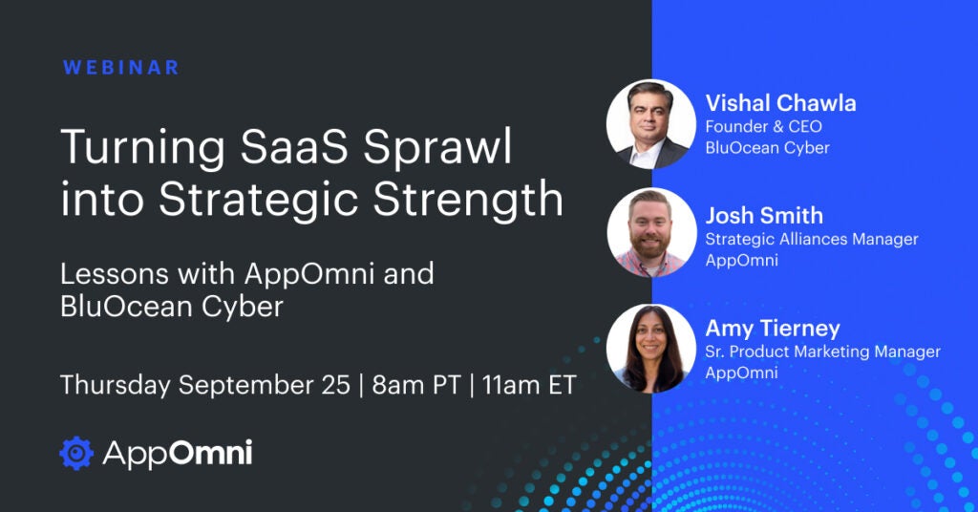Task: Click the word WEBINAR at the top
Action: [x=121, y=68]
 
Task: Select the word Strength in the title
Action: [x=468, y=199]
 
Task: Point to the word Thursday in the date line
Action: [x=116, y=385]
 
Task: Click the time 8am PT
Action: [x=416, y=385]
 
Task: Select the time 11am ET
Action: [x=528, y=385]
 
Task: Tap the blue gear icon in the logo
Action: [x=76, y=454]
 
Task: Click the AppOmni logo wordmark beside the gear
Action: [x=178, y=454]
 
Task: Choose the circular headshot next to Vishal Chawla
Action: [x=651, y=124]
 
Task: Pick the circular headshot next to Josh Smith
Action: [x=651, y=233]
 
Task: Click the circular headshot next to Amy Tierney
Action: [x=651, y=349]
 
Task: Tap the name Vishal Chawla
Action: [x=780, y=103]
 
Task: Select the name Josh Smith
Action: [x=764, y=216]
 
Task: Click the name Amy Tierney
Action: [x=773, y=329]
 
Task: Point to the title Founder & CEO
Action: [x=763, y=127]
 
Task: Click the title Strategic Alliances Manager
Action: [x=812, y=239]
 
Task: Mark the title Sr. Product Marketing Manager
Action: [x=822, y=352]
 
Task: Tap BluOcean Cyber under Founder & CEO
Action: [x=767, y=148]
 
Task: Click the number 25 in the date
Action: [x=336, y=385]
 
